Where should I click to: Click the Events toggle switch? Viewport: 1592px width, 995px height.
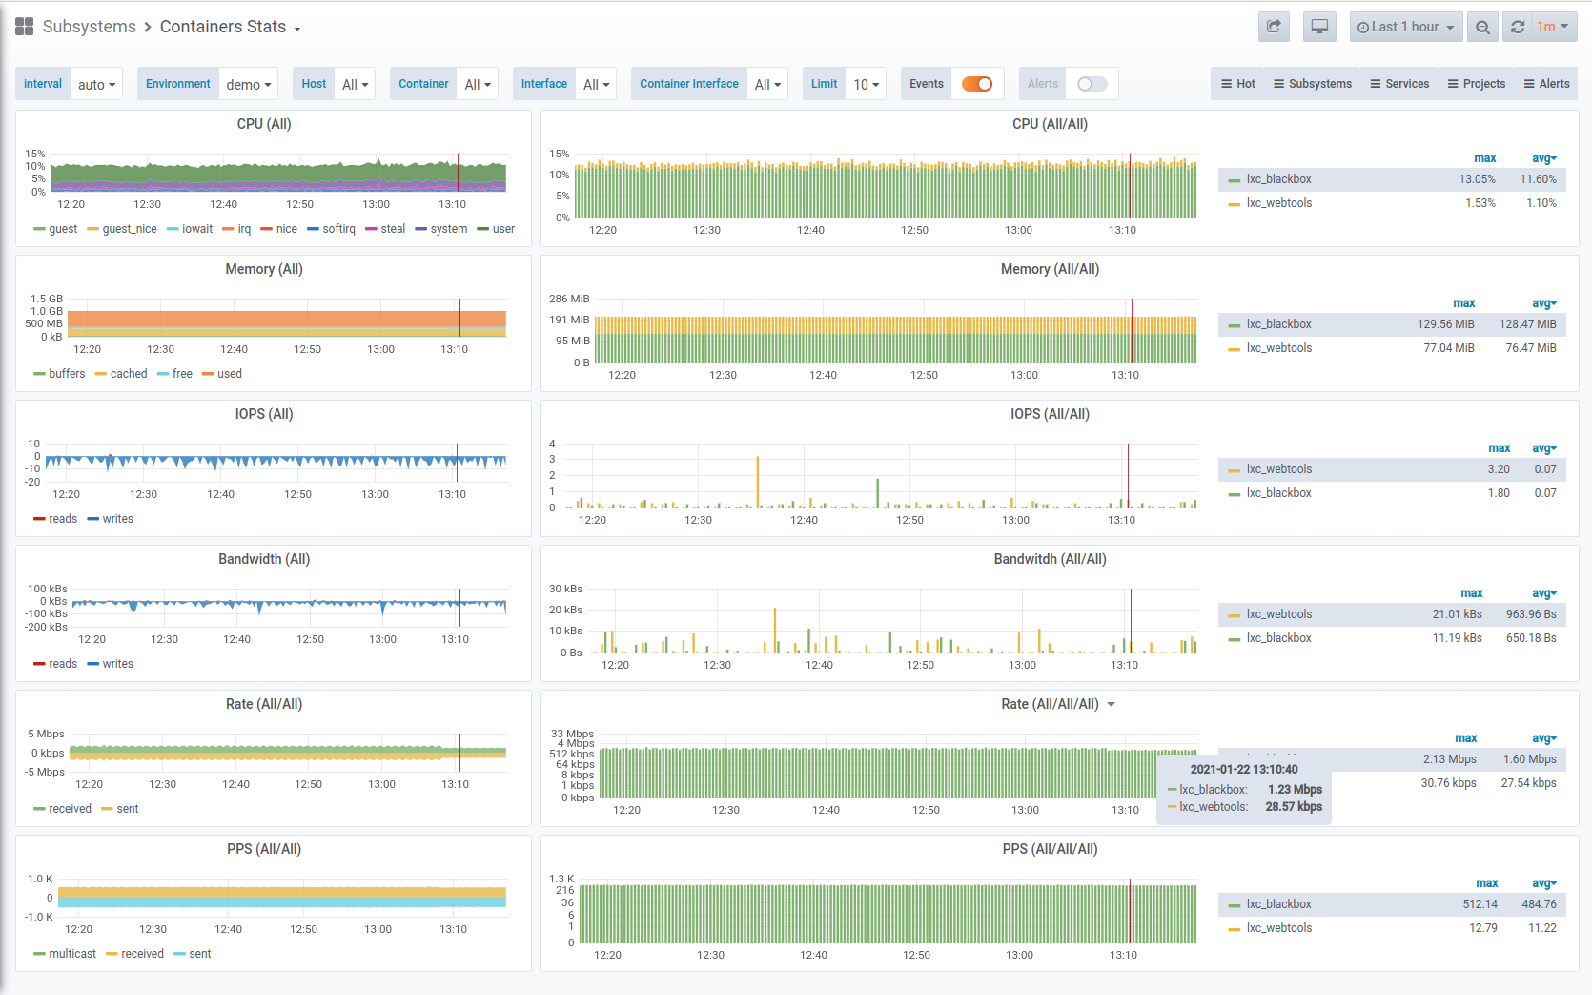pos(977,84)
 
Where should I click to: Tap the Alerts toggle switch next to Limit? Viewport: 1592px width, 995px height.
pos(1092,84)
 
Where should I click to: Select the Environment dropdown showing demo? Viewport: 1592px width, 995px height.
pos(248,84)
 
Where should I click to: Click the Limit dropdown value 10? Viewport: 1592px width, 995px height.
pos(866,84)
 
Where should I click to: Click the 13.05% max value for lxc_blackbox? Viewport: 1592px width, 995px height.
pos(1477,179)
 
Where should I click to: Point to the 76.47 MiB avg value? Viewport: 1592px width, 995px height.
pos(1530,348)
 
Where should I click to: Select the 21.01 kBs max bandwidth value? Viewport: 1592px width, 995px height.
pos(1457,614)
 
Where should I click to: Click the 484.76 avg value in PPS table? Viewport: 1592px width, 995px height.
pos(1539,904)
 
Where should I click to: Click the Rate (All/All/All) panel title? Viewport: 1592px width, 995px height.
pos(1050,704)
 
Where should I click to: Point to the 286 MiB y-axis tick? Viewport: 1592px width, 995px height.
pos(569,299)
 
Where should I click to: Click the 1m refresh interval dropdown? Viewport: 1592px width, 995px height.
pos(1552,27)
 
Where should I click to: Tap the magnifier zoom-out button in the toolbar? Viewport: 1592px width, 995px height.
pos(1482,27)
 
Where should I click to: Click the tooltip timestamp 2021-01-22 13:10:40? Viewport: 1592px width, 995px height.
pos(1243,769)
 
